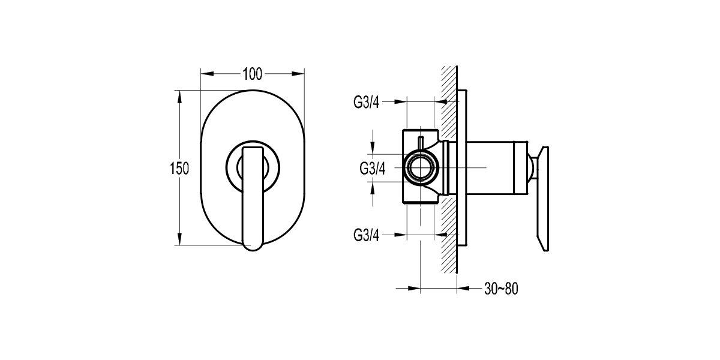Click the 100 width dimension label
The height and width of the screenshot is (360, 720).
point(253,74)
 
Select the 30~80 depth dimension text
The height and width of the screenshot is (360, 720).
point(500,289)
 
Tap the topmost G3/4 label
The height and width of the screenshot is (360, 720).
point(366,102)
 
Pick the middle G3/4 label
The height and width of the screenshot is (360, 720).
point(372,168)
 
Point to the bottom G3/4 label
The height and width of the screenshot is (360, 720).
point(366,235)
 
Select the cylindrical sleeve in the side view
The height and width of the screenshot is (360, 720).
point(489,168)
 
